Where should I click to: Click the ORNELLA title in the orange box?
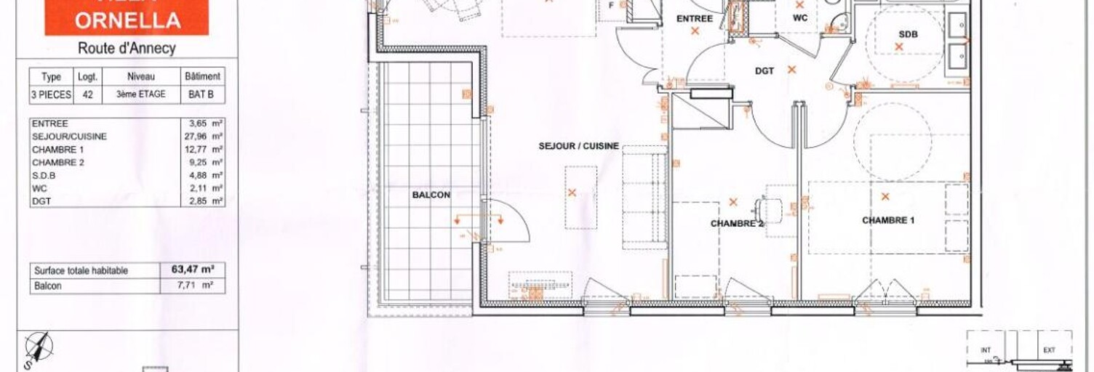tap(127, 20)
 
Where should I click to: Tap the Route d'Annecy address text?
tap(127, 49)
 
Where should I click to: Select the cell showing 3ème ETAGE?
tap(141, 94)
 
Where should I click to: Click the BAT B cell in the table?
tap(202, 94)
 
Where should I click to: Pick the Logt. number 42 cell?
tap(87, 94)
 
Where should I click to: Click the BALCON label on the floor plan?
tap(431, 195)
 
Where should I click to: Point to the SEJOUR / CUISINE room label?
tap(579, 146)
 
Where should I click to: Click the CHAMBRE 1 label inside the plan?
tap(888, 220)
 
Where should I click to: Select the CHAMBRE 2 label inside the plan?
tap(737, 224)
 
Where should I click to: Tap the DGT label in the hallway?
tap(764, 71)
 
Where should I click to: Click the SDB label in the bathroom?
tap(908, 34)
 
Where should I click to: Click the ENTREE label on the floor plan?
tap(695, 19)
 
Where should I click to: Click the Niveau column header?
tap(141, 76)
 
